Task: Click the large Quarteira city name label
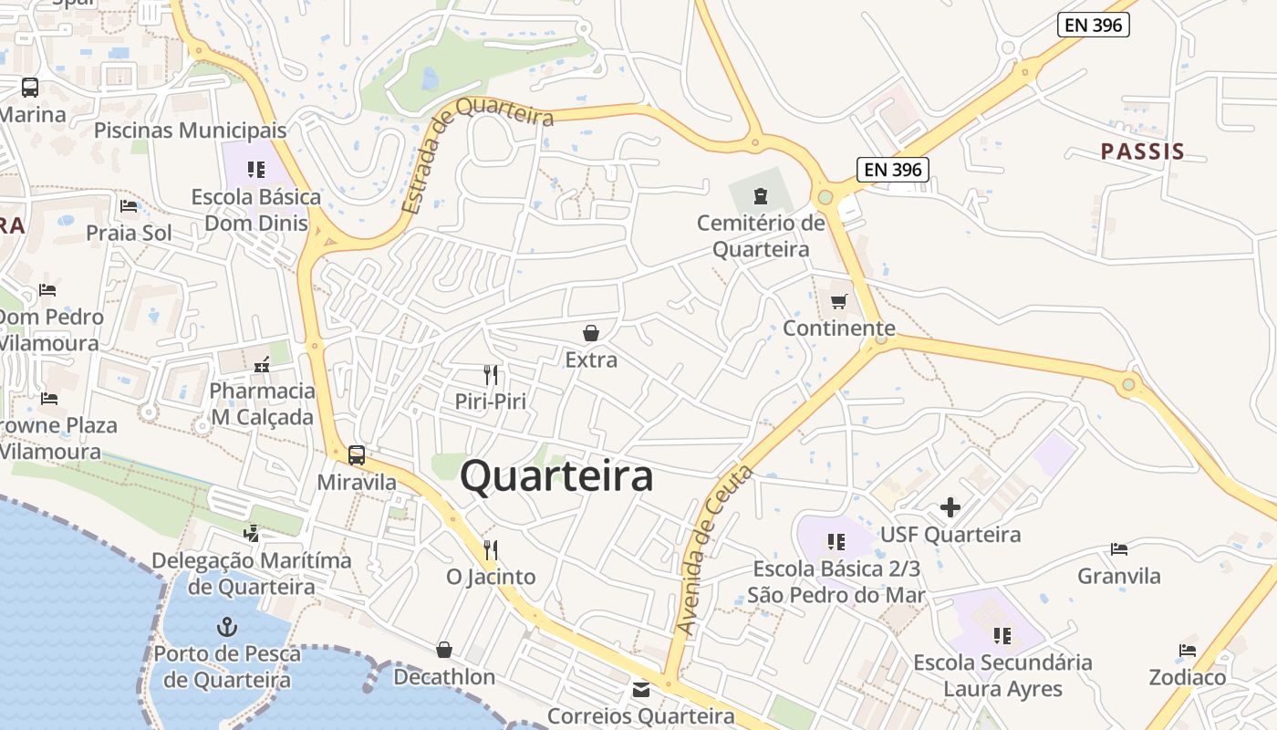pyautogui.click(x=556, y=476)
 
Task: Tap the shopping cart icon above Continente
pyautogui.click(x=838, y=301)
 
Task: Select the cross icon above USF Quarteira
pyautogui.click(x=950, y=507)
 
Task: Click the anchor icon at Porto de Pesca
pyautogui.click(x=226, y=627)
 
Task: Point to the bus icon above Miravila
pyautogui.click(x=357, y=454)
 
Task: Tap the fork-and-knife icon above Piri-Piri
pyautogui.click(x=491, y=374)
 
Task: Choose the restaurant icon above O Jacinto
pyautogui.click(x=491, y=549)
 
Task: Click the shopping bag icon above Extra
pyautogui.click(x=591, y=333)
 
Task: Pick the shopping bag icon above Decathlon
pyautogui.click(x=444, y=650)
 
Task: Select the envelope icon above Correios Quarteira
pyautogui.click(x=641, y=690)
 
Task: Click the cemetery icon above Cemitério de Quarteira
pyautogui.click(x=760, y=195)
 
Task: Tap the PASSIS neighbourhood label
pyautogui.click(x=1142, y=151)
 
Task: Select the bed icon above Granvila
pyautogui.click(x=1119, y=549)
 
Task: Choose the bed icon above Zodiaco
pyautogui.click(x=1187, y=651)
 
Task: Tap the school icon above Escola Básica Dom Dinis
pyautogui.click(x=256, y=170)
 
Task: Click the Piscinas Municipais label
pyautogui.click(x=191, y=130)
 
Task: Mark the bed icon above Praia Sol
pyautogui.click(x=129, y=206)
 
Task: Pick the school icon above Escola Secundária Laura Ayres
pyautogui.click(x=1002, y=635)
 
